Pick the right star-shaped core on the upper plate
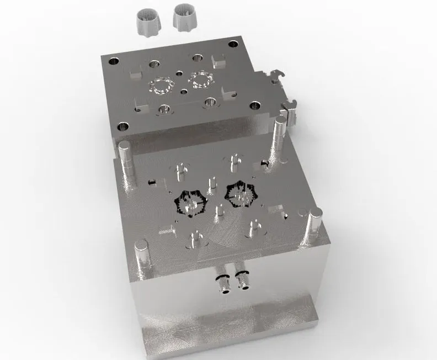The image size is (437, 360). (x=201, y=80)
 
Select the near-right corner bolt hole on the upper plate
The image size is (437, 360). (x=254, y=105)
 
